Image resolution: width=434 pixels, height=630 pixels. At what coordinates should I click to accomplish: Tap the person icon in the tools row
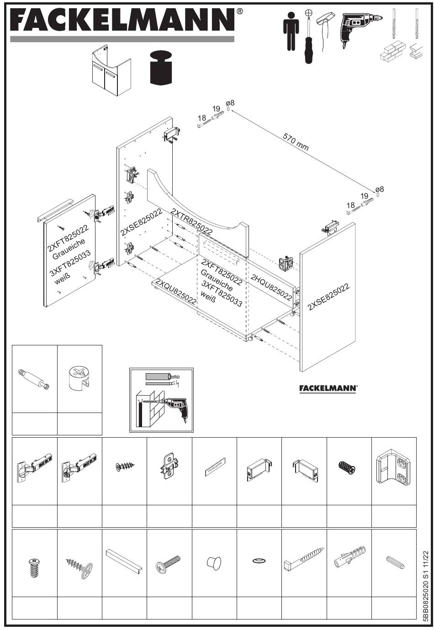[291, 31]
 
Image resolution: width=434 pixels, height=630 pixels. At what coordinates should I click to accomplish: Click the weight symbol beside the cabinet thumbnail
[161, 68]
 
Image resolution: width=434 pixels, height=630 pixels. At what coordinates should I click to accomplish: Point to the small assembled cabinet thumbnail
[112, 70]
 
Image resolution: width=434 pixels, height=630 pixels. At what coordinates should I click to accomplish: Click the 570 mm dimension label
[296, 142]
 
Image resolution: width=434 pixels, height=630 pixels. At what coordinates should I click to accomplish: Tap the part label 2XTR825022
[191, 221]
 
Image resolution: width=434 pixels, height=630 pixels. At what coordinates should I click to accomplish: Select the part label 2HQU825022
[271, 287]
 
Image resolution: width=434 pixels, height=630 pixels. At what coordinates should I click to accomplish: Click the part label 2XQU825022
[176, 291]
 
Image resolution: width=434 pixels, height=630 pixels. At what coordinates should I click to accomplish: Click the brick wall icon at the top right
[392, 51]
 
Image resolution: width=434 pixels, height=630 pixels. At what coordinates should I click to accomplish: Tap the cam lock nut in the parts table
[79, 379]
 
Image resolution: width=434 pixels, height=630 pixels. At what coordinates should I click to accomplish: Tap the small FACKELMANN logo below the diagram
[328, 388]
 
